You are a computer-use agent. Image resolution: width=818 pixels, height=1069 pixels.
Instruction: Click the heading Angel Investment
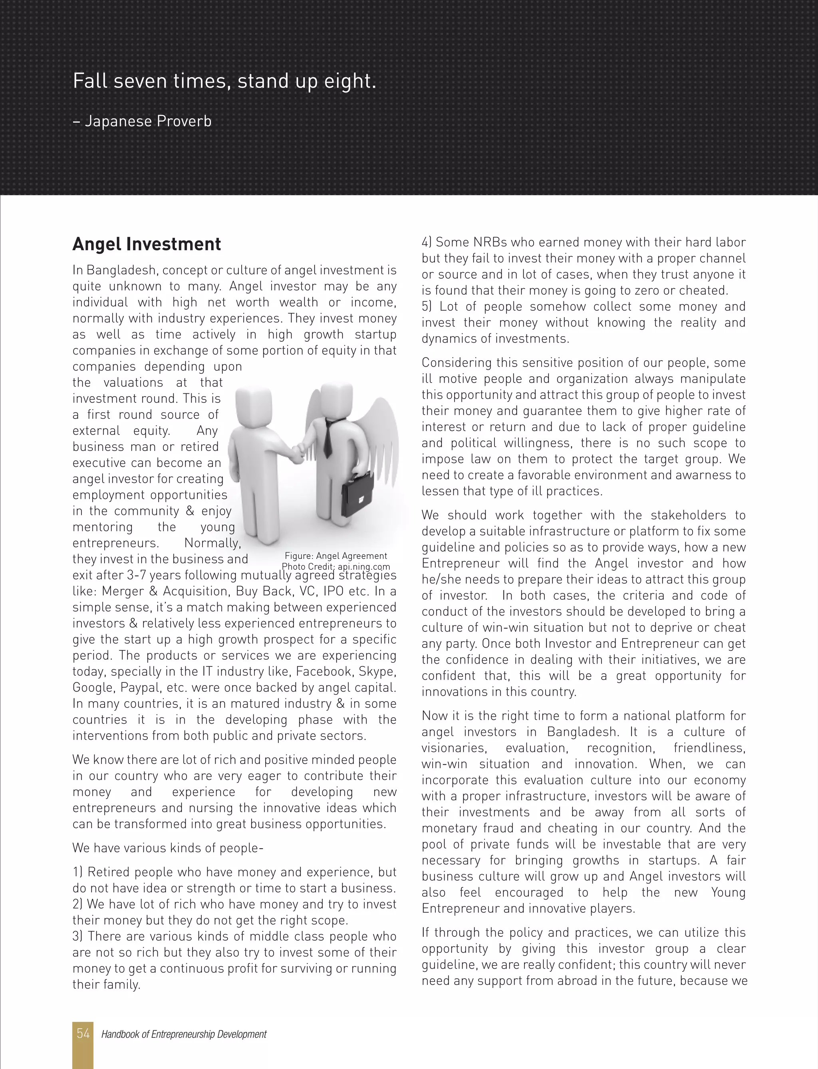(x=147, y=244)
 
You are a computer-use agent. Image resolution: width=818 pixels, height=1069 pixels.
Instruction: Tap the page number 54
(x=83, y=1033)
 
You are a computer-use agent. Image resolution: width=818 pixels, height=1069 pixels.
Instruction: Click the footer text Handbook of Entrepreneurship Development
(x=184, y=1034)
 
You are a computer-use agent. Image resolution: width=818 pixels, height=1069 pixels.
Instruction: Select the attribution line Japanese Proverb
(x=142, y=121)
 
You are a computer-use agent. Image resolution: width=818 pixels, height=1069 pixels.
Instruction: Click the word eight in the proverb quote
(x=355, y=81)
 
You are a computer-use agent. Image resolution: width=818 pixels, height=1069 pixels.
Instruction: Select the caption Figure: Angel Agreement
(x=336, y=556)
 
